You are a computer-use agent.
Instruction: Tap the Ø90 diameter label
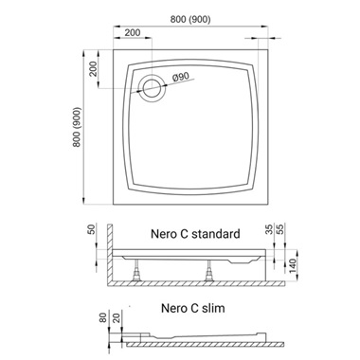pyautogui.click(x=181, y=78)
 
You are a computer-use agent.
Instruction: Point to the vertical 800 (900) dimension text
pyautogui.click(x=77, y=127)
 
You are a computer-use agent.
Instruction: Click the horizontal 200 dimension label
pyautogui.click(x=133, y=32)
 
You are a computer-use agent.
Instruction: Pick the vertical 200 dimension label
pyautogui.click(x=93, y=68)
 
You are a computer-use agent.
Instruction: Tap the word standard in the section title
pyautogui.click(x=216, y=234)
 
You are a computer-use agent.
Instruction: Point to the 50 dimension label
pyautogui.click(x=91, y=229)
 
